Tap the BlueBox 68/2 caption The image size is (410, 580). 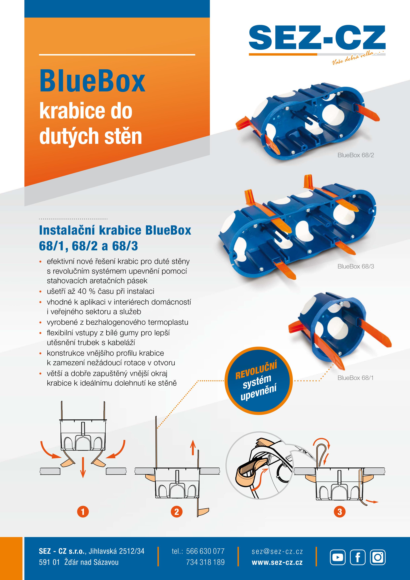355,155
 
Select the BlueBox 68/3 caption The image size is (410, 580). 355,266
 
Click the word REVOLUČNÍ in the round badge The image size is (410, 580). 256,371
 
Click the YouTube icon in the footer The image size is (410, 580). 338,557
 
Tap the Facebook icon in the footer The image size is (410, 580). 357,557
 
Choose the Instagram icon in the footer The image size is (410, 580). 378,557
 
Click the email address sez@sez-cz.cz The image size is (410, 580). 277,551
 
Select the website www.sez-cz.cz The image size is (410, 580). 277,563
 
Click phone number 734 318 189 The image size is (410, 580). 205,562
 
